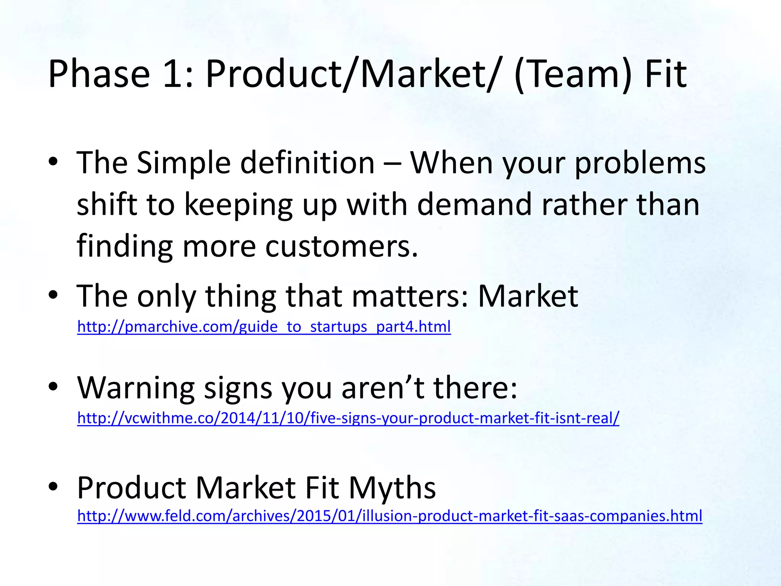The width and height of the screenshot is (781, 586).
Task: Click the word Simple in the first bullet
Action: tap(184, 163)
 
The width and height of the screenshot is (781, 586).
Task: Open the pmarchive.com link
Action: tap(264, 327)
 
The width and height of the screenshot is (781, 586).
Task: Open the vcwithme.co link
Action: tap(348, 418)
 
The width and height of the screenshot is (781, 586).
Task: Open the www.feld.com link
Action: tap(389, 516)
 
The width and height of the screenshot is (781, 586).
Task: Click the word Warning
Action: tap(136, 388)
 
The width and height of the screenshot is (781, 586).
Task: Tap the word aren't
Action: tap(383, 388)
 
